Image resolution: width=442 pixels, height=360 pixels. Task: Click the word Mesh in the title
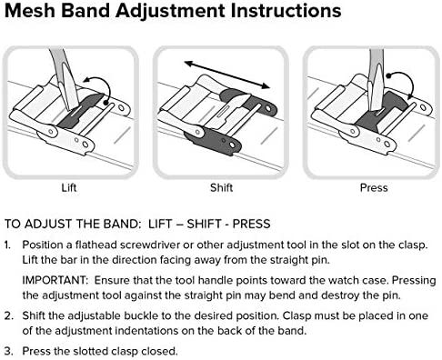pyautogui.click(x=30, y=11)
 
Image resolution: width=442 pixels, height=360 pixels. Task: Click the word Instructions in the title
pyautogui.click(x=286, y=11)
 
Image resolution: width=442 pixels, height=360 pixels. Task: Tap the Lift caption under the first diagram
pyautogui.click(x=69, y=187)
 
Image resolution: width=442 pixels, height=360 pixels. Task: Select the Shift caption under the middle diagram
pyautogui.click(x=221, y=187)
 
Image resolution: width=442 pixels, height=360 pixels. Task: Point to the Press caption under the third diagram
pyautogui.click(x=374, y=187)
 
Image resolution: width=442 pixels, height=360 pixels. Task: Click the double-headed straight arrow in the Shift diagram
pyautogui.click(x=226, y=75)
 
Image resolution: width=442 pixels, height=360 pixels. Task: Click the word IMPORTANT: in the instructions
pyautogui.click(x=55, y=280)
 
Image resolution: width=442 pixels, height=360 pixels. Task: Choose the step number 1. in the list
pyautogui.click(x=8, y=245)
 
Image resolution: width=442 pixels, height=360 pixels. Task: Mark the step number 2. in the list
pyautogui.click(x=9, y=315)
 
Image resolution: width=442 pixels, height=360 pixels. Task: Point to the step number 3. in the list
pyautogui.click(x=9, y=351)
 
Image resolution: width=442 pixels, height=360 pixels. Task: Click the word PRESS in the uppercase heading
pyautogui.click(x=251, y=224)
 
